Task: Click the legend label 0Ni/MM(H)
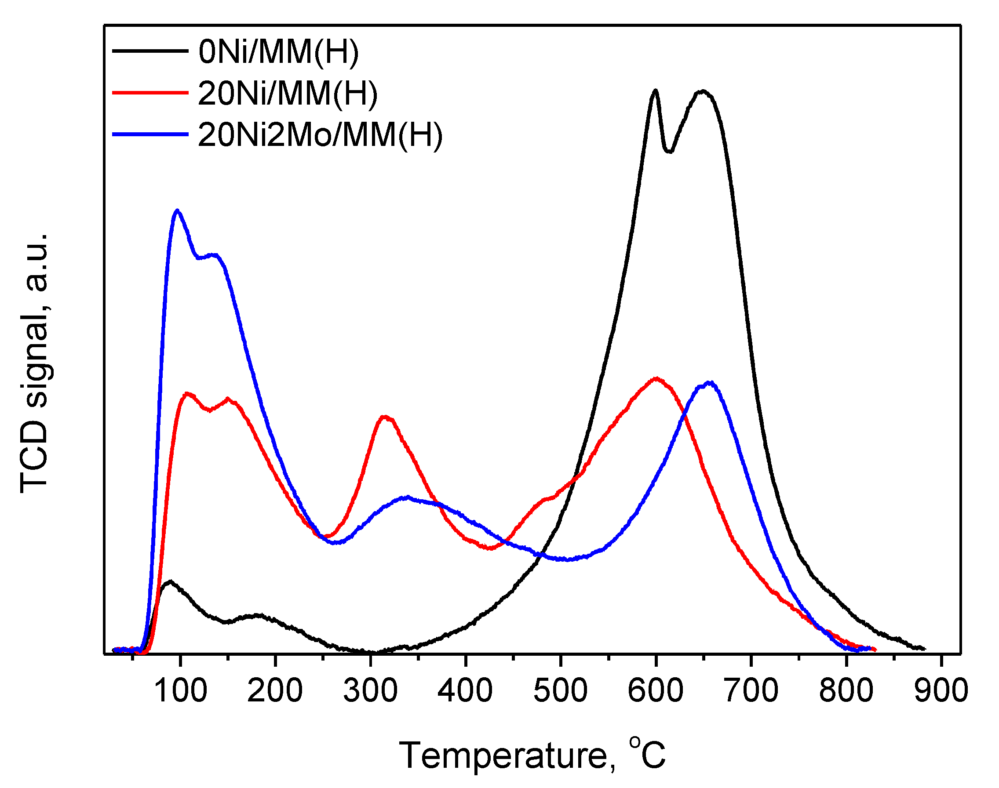click(x=278, y=52)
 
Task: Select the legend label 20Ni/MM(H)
click(x=288, y=94)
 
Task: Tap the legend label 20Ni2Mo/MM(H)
click(x=320, y=135)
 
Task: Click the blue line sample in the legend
click(x=150, y=134)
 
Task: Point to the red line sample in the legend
click(x=150, y=93)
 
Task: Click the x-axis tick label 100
click(x=180, y=690)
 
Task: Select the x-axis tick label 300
click(x=370, y=690)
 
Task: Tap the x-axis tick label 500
click(x=561, y=690)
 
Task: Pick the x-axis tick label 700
click(x=751, y=690)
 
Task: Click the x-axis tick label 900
click(x=941, y=690)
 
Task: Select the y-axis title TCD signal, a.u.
click(x=35, y=363)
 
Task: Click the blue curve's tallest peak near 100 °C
click(x=178, y=211)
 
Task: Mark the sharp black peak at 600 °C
click(x=655, y=91)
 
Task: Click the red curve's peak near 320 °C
click(x=385, y=417)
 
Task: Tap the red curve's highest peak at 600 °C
click(x=656, y=378)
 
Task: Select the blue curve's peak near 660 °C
click(x=710, y=383)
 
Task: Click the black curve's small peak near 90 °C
click(x=170, y=581)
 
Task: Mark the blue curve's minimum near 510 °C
click(x=569, y=559)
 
